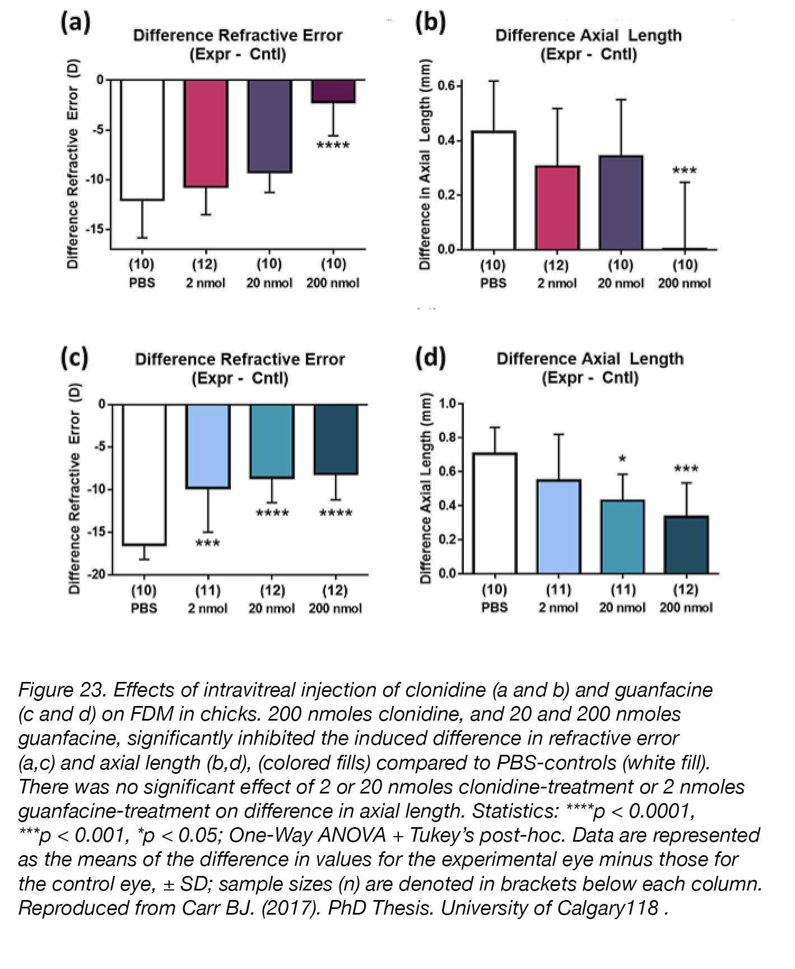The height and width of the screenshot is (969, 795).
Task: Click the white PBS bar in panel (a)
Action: point(142,140)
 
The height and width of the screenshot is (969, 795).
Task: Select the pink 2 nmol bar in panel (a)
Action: point(206,133)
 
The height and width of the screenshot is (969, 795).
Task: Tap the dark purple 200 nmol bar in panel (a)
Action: point(333,91)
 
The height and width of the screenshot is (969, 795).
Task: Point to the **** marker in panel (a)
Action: point(333,146)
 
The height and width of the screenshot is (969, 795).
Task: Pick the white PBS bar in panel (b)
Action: point(494,190)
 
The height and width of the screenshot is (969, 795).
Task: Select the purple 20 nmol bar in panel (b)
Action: point(621,202)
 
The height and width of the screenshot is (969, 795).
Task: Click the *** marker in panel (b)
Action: point(685,170)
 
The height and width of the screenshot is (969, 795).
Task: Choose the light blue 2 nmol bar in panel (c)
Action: point(208,446)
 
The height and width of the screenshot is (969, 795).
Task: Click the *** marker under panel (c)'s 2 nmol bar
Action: point(208,543)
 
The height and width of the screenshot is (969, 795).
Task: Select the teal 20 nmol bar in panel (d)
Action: point(622,537)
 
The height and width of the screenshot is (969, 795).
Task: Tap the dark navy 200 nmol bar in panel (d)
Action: point(686,545)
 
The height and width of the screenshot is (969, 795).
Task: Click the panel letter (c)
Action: point(75,358)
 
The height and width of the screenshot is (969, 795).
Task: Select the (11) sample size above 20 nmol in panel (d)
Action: point(622,589)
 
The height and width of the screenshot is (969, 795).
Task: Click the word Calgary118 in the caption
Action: point(608,907)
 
